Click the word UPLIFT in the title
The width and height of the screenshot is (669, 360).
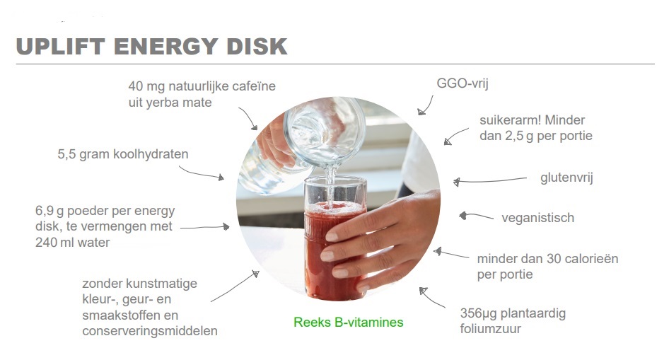click(x=60, y=47)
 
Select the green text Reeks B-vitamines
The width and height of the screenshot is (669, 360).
click(x=348, y=322)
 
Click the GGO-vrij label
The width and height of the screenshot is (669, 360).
click(x=462, y=83)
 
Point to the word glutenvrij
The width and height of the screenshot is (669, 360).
click(x=566, y=178)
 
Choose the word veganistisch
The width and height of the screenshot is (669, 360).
click(x=537, y=218)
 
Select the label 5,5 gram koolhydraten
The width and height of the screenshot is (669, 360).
click(x=123, y=154)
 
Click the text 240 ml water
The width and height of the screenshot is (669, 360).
click(x=73, y=243)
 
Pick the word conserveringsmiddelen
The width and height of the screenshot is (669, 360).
click(x=150, y=331)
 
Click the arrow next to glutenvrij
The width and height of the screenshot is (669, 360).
click(x=489, y=181)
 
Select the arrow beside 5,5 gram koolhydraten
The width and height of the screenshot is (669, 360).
click(x=201, y=173)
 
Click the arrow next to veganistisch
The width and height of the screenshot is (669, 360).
click(x=476, y=216)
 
